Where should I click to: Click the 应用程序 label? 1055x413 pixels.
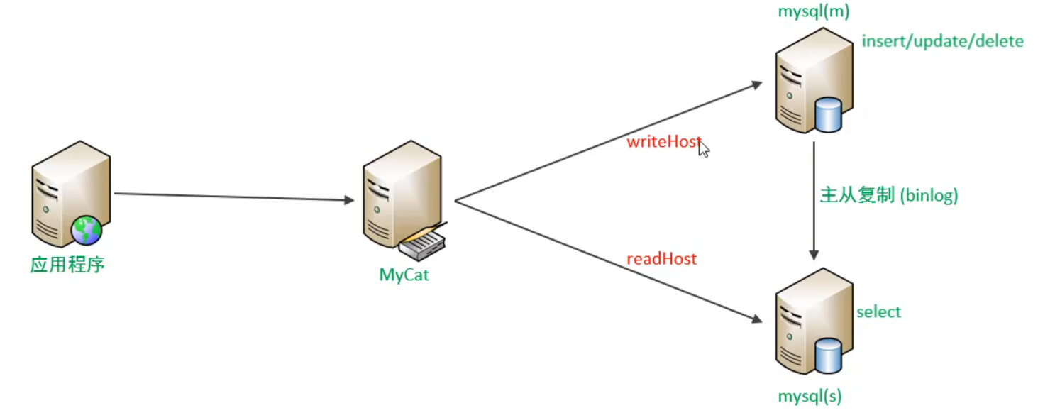67,265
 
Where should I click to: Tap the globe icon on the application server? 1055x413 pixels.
87,231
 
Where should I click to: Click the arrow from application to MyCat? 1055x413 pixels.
234,197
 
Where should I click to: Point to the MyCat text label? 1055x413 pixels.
404,275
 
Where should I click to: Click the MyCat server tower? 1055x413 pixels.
397,195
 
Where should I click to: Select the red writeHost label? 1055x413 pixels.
663,141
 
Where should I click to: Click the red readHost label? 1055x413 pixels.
661,259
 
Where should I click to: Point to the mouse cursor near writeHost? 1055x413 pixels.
703,148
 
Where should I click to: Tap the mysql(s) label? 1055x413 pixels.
810,396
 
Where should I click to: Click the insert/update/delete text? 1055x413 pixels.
942,41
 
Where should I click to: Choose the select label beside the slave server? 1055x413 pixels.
878,312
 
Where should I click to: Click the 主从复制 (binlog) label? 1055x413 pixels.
889,196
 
